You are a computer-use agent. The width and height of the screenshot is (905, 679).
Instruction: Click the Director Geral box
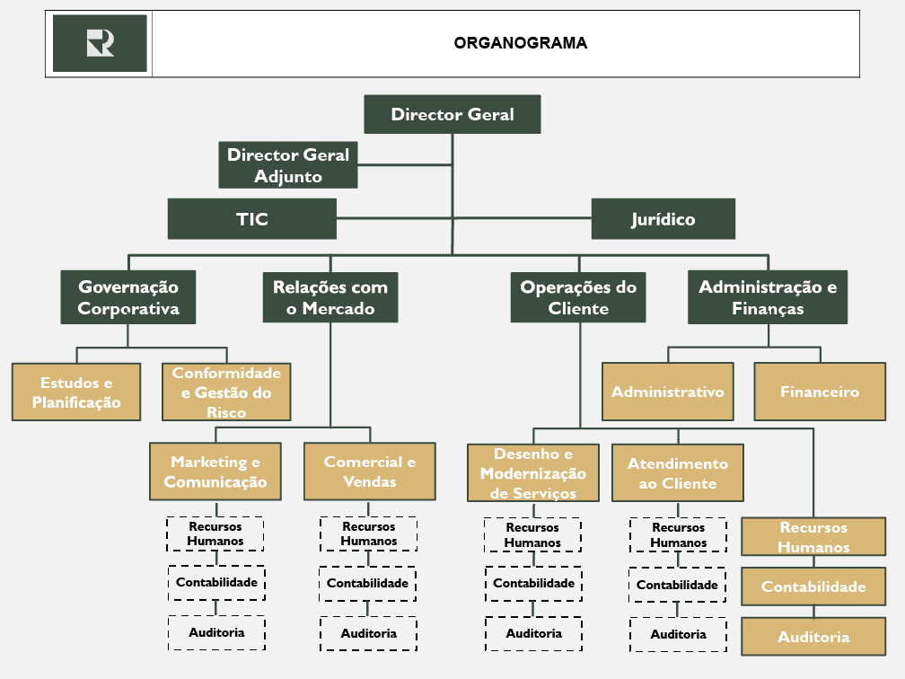pos(452,114)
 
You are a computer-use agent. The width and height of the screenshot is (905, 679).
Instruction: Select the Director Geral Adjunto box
pos(288,165)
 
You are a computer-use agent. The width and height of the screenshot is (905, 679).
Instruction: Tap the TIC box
pos(252,219)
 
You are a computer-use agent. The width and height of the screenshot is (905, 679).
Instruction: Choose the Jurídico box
pos(663,219)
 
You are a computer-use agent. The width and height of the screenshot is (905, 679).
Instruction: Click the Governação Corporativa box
pos(128,297)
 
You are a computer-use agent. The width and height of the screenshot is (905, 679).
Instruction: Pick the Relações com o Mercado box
pos(330,297)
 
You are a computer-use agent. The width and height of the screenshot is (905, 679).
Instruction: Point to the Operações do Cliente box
pos(578,297)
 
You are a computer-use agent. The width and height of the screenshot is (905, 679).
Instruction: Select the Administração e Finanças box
pos(768,297)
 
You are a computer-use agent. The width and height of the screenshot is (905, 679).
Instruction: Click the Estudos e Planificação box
pos(76,392)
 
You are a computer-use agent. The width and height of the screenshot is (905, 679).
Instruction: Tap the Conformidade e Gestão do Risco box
pos(226,392)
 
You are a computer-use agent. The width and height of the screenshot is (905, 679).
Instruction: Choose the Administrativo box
pos(667,392)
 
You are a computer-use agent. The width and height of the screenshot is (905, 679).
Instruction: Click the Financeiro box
pos(820,392)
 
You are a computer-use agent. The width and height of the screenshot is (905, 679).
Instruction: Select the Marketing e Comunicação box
pos(215,472)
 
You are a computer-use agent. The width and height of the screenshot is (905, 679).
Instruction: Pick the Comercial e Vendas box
pos(370,472)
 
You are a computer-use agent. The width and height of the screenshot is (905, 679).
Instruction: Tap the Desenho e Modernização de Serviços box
pos(533,473)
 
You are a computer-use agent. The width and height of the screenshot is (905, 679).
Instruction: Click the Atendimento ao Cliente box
pos(678,473)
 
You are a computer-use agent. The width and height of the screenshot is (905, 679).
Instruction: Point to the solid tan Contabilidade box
pos(813,586)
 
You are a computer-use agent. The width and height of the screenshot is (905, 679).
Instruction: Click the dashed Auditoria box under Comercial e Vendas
pos(368,633)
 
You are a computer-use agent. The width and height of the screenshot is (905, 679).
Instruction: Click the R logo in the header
pos(100,42)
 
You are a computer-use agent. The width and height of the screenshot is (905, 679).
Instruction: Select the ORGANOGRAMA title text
pos(521,42)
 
